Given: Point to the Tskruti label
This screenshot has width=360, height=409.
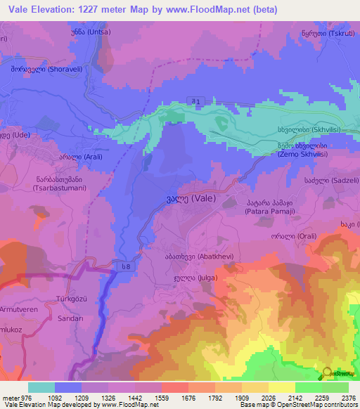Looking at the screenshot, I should coord(326,33).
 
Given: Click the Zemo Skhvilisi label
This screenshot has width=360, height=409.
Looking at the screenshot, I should coord(302,150).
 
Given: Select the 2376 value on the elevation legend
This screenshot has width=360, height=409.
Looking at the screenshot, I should coord(347,397).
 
